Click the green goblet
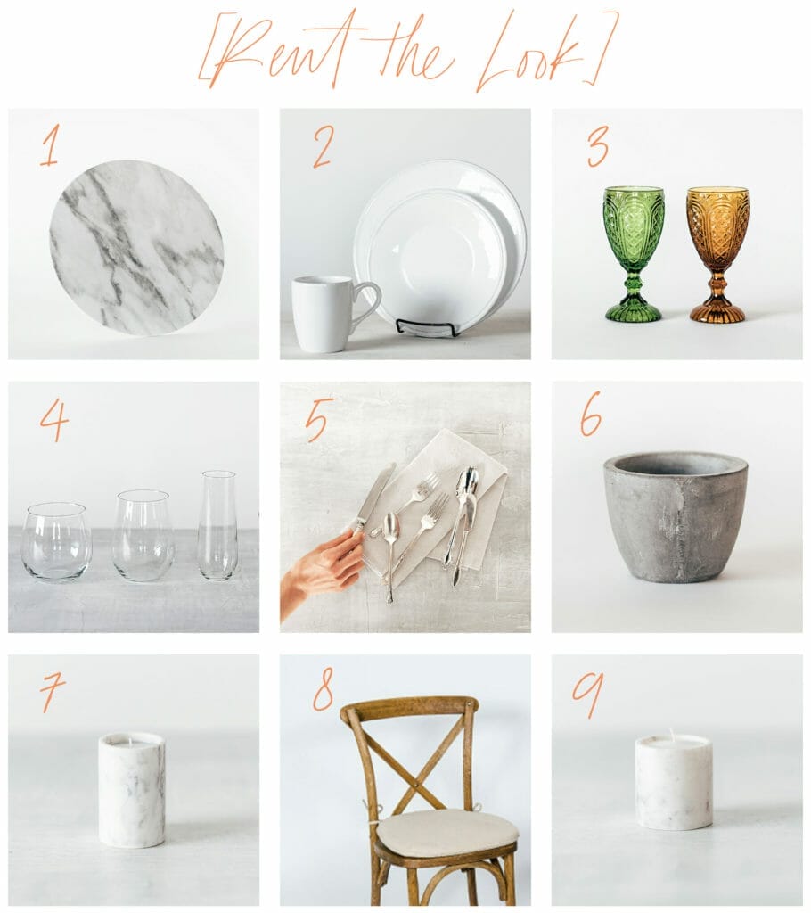pyautogui.click(x=633, y=253)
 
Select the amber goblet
pyautogui.click(x=717, y=253)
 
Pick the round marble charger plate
pyautogui.click(x=136, y=248)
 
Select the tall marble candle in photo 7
pyautogui.click(x=132, y=789)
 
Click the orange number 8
pyautogui.click(x=323, y=691)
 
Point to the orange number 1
pyautogui.click(x=50, y=147)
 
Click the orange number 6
pyautogui.click(x=591, y=414)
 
